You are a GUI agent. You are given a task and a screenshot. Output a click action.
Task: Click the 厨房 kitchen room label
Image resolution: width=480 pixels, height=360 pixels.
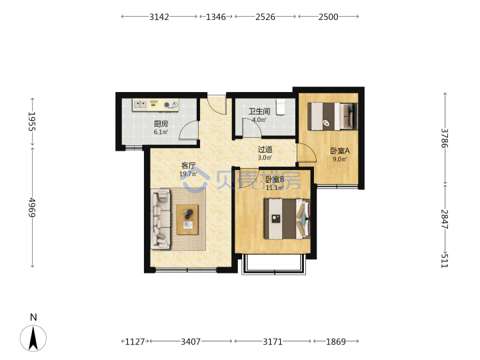click(161, 124)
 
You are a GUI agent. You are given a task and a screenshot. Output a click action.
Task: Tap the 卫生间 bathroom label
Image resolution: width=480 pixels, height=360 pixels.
click(259, 111)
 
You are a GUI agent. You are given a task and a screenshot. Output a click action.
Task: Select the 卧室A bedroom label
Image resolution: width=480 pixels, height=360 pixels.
click(340, 151)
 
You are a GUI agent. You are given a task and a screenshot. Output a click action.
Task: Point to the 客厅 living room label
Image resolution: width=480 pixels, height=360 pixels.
click(188, 165)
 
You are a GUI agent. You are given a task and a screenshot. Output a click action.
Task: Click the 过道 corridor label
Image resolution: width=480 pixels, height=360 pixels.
click(265, 149)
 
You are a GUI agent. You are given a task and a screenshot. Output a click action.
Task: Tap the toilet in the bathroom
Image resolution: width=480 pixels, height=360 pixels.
click(281, 107)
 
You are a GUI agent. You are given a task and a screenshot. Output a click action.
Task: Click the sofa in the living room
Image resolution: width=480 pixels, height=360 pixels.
click(161, 219)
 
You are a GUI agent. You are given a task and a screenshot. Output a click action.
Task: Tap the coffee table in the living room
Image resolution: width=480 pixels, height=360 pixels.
click(187, 220)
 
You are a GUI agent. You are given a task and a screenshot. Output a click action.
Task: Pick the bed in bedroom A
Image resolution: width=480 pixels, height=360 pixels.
click(333, 116)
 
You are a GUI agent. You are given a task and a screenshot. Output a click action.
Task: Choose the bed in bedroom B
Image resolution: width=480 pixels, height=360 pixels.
click(287, 219)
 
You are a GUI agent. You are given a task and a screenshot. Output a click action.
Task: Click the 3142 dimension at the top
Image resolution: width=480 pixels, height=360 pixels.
click(159, 17)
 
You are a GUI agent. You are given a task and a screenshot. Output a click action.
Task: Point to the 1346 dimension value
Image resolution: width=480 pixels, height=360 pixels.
click(216, 17)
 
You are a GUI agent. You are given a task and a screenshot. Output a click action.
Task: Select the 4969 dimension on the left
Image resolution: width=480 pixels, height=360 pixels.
click(32, 207)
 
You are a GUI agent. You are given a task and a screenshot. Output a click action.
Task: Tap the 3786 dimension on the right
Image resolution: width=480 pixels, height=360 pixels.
click(445, 138)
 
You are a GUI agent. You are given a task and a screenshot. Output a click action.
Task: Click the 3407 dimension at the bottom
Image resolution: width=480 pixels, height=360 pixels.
click(191, 341)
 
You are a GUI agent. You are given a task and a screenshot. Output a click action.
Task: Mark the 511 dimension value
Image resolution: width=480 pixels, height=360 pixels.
click(445, 261)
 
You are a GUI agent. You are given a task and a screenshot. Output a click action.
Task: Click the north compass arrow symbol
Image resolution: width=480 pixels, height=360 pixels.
click(33, 338)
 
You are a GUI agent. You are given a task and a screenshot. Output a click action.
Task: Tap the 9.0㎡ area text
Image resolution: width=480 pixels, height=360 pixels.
click(340, 159)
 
